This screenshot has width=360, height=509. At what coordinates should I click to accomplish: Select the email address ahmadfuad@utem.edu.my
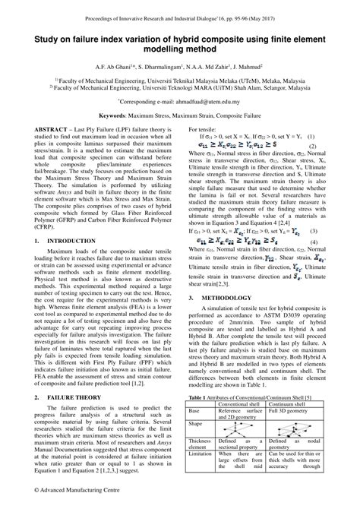pos(207,100)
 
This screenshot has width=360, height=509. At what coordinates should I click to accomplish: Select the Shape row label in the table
pos(195,423)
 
